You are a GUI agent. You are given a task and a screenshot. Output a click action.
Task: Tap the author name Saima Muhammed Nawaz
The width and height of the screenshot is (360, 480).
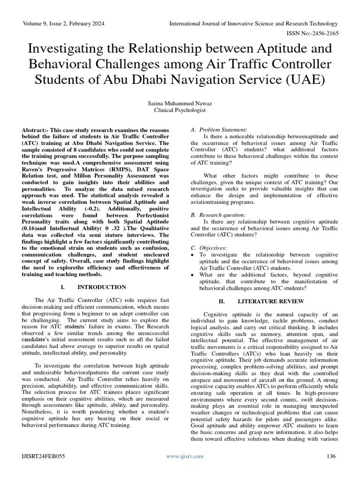(180, 103)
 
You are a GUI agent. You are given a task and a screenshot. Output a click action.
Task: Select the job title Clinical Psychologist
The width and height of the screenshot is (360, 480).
(180, 110)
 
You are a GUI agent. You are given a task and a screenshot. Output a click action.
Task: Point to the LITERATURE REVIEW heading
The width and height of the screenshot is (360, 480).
(271, 301)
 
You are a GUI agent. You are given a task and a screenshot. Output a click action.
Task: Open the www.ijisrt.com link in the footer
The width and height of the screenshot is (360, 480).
(185, 456)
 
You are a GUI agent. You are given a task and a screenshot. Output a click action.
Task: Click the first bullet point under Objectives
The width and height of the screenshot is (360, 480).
(193, 255)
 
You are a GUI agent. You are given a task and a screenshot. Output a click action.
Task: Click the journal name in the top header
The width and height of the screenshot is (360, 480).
(253, 23)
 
